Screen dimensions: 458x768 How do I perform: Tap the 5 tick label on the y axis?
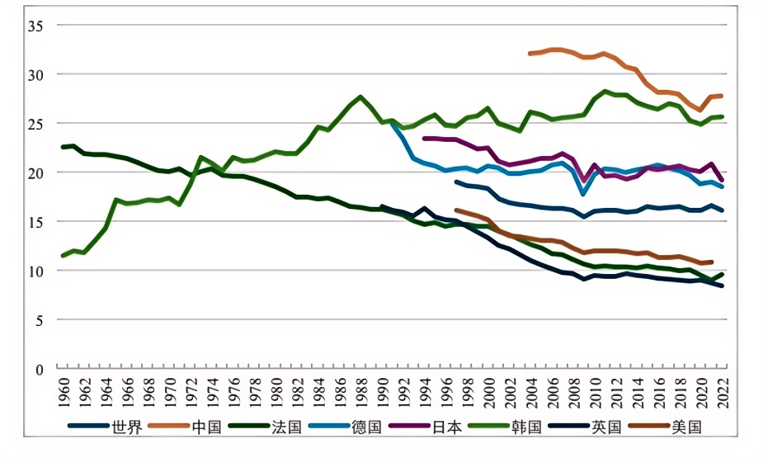[x=38, y=320]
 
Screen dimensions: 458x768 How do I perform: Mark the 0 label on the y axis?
[x=38, y=369]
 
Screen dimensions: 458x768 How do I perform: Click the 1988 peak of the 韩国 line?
[x=360, y=97]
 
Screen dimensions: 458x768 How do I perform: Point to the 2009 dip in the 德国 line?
[x=584, y=194]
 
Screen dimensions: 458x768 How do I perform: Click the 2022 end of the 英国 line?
[x=722, y=286]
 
